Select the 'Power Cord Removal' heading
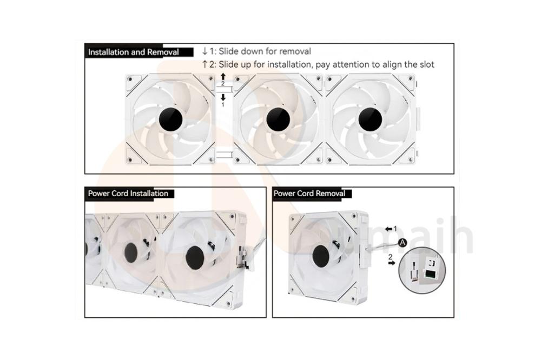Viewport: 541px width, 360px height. click(x=309, y=194)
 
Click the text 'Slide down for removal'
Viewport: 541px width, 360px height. click(x=265, y=51)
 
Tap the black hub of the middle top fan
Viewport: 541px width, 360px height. click(x=277, y=118)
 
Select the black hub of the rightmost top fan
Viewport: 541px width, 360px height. click(x=370, y=118)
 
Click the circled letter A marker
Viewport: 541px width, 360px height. click(x=401, y=243)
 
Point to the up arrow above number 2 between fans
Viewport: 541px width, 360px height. click(x=222, y=77)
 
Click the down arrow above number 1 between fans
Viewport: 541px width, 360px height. click(x=222, y=97)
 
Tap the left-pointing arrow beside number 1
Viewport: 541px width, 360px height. click(x=388, y=229)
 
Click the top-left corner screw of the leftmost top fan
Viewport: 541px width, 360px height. click(x=130, y=79)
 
